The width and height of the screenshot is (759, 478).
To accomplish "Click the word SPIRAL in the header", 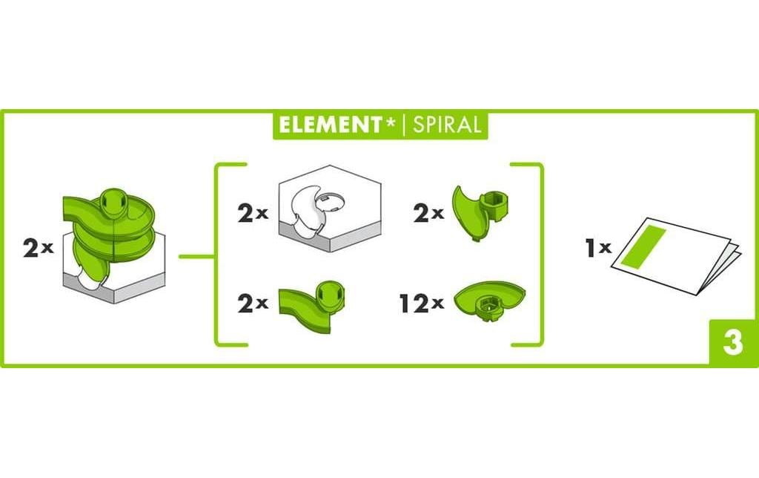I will click(446, 125).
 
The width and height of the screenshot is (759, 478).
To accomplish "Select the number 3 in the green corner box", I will click(732, 343).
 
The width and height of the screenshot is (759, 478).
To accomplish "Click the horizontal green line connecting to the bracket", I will click(196, 258).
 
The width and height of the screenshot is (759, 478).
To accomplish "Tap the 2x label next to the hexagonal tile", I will click(252, 215).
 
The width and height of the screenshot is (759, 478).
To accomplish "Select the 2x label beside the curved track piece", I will click(252, 304).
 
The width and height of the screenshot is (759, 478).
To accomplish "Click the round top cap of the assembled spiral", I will click(113, 200).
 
